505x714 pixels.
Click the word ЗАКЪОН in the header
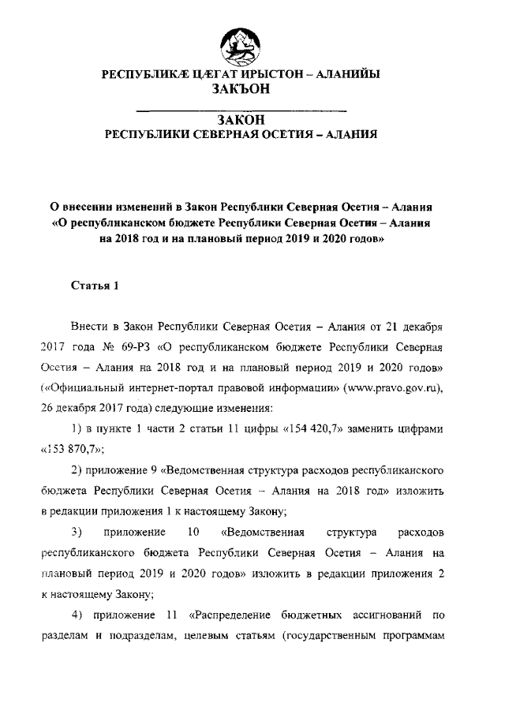click(x=242, y=90)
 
